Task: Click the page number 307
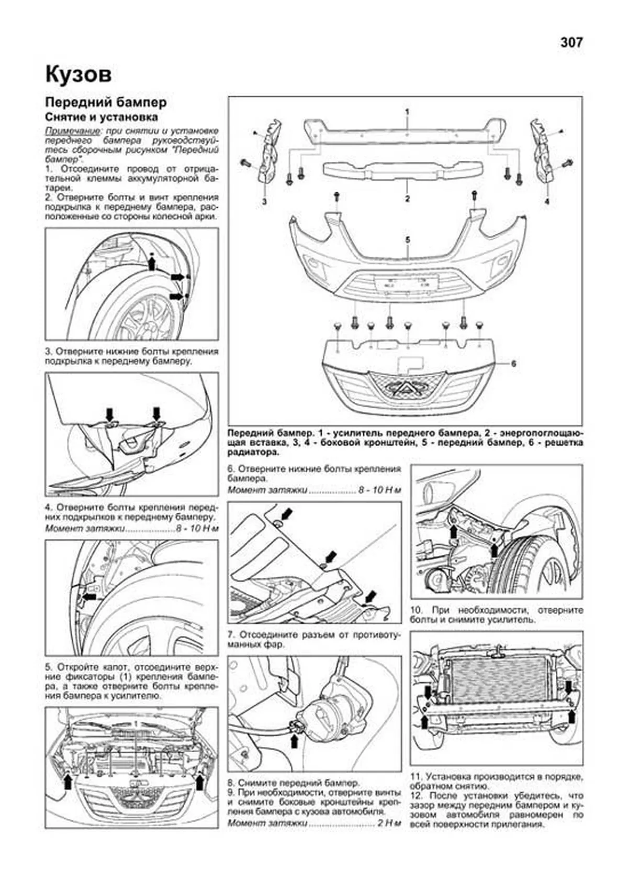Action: [x=571, y=42]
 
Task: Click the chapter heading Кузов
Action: [x=78, y=74]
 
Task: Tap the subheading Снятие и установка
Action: [x=102, y=117]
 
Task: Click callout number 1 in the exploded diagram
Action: [x=407, y=112]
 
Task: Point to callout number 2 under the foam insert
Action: [x=407, y=199]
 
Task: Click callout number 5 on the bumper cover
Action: [x=407, y=239]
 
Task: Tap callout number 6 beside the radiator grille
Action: [x=513, y=364]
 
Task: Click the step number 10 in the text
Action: [x=417, y=610]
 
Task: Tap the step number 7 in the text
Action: [x=231, y=635]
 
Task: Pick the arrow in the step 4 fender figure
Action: [x=89, y=596]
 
